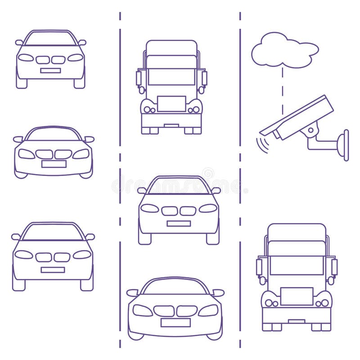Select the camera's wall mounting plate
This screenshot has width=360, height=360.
[x=346, y=145]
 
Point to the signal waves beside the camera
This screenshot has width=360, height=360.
[x=261, y=144]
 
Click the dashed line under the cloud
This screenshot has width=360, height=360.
[x=283, y=90]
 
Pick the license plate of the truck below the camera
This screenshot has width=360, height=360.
[x=297, y=296]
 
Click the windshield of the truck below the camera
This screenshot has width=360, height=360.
[x=297, y=265]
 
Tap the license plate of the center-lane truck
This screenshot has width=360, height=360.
[x=171, y=103]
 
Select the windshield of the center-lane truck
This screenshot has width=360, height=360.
[x=171, y=76]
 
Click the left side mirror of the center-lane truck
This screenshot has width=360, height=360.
[x=139, y=78]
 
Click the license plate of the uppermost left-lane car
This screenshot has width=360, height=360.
[x=50, y=70]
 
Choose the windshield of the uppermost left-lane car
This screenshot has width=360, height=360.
[x=50, y=39]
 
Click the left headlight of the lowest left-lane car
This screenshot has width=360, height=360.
[x=24, y=254]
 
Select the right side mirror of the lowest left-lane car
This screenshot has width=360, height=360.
[x=90, y=237]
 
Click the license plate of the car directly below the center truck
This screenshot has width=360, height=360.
[x=179, y=223]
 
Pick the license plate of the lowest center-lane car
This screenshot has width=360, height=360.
[x=175, y=322]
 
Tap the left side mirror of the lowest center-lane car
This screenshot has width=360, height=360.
[x=132, y=292]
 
